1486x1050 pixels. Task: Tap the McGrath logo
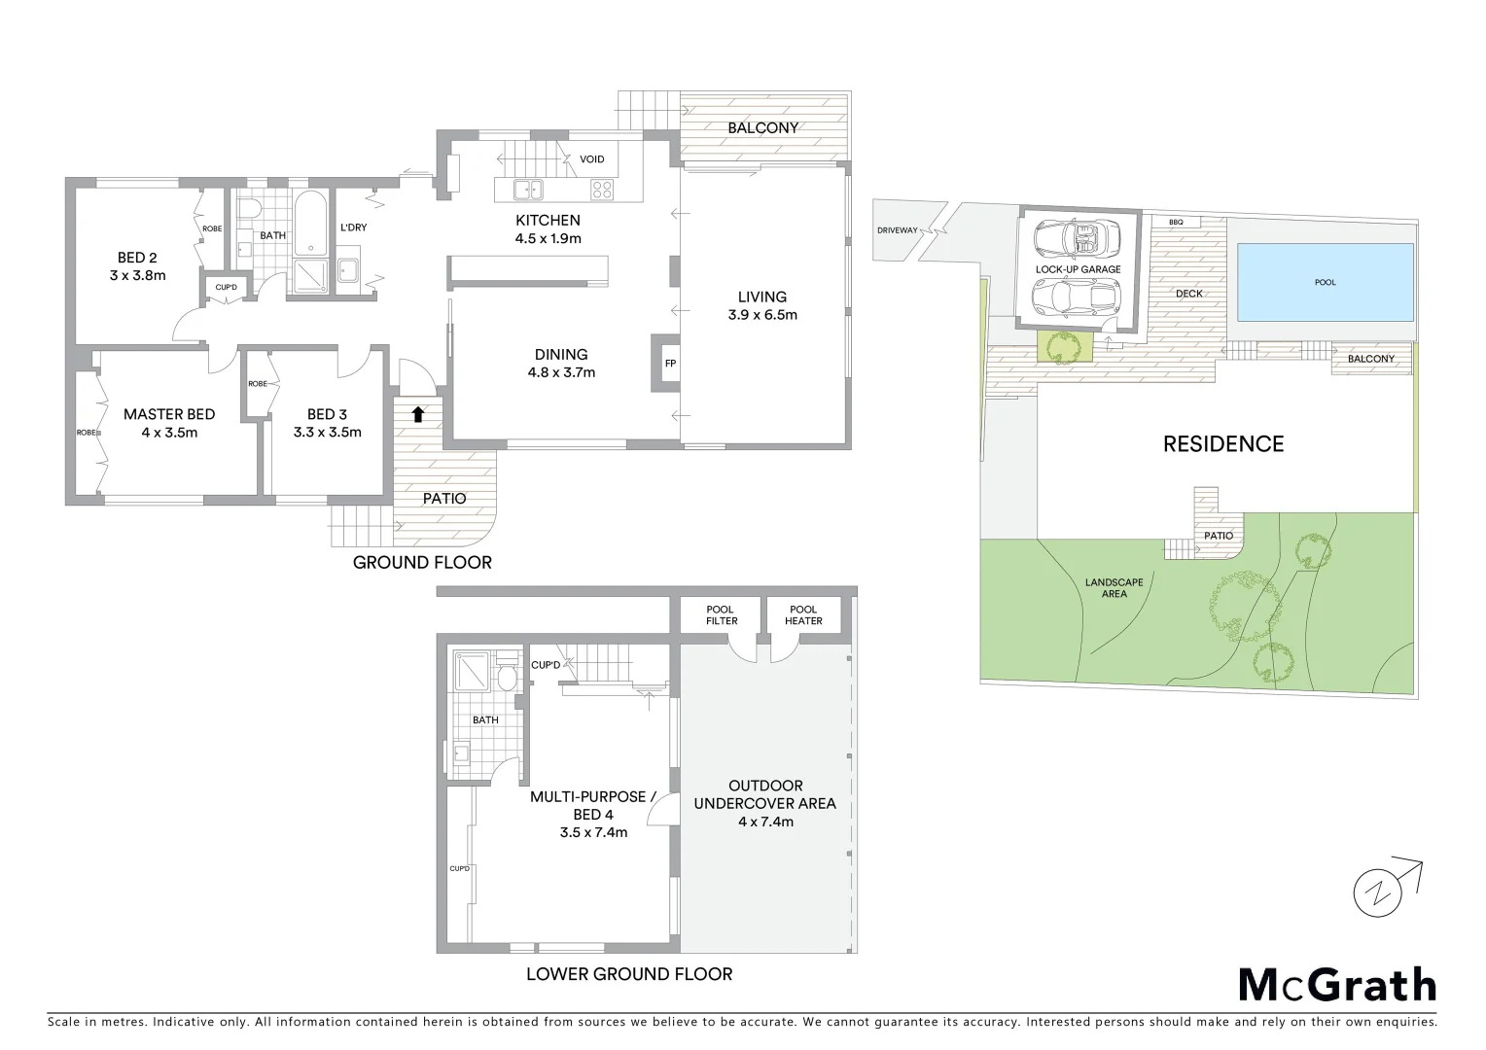pyautogui.click(x=1336, y=985)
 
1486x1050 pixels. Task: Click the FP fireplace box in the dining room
pyautogui.click(x=669, y=364)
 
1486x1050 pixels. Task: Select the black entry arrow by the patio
pyautogui.click(x=417, y=415)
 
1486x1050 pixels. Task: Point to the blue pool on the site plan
pyautogui.click(x=1325, y=282)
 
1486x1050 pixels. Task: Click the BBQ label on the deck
pyautogui.click(x=1176, y=223)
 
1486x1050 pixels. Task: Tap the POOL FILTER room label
pyautogui.click(x=722, y=614)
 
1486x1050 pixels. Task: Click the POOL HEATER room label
pyautogui.click(x=803, y=614)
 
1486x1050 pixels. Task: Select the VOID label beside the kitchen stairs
pyautogui.click(x=591, y=159)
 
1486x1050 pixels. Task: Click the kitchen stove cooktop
pyautogui.click(x=603, y=190)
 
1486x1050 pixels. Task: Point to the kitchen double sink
pyautogui.click(x=529, y=190)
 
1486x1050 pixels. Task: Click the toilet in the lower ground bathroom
pyautogui.click(x=505, y=677)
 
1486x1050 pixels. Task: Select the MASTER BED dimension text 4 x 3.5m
pyautogui.click(x=168, y=433)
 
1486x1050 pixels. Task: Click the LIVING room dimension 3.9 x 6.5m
pyautogui.click(x=762, y=315)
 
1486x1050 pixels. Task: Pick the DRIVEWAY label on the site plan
pyautogui.click(x=897, y=230)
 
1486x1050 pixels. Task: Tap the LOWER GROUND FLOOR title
pyautogui.click(x=628, y=973)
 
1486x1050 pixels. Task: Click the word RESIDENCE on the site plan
pyautogui.click(x=1223, y=444)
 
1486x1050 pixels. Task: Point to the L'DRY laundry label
pyautogui.click(x=353, y=227)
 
